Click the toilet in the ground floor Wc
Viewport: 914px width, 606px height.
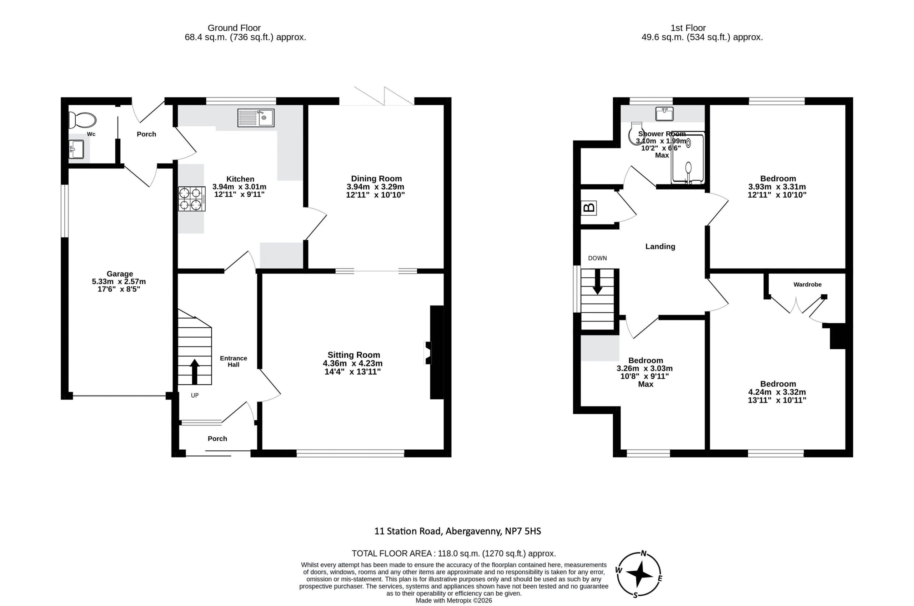[x=82, y=120]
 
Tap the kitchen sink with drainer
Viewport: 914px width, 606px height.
[x=256, y=118]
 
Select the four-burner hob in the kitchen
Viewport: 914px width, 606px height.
[x=192, y=199]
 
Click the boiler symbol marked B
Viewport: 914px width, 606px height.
[x=589, y=208]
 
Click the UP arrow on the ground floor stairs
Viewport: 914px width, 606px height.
[x=195, y=372]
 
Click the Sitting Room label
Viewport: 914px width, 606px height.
[x=353, y=355]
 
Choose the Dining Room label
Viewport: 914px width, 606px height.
[x=376, y=178]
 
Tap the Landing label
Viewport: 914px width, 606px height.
[x=660, y=247]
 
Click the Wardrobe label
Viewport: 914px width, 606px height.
[x=807, y=284]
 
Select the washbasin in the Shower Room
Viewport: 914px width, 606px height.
[x=664, y=113]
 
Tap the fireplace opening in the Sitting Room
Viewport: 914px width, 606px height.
[x=428, y=353]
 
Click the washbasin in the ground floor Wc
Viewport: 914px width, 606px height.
[x=76, y=150]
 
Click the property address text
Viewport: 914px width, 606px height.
[x=457, y=531]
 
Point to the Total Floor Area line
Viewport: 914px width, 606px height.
[x=453, y=554]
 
